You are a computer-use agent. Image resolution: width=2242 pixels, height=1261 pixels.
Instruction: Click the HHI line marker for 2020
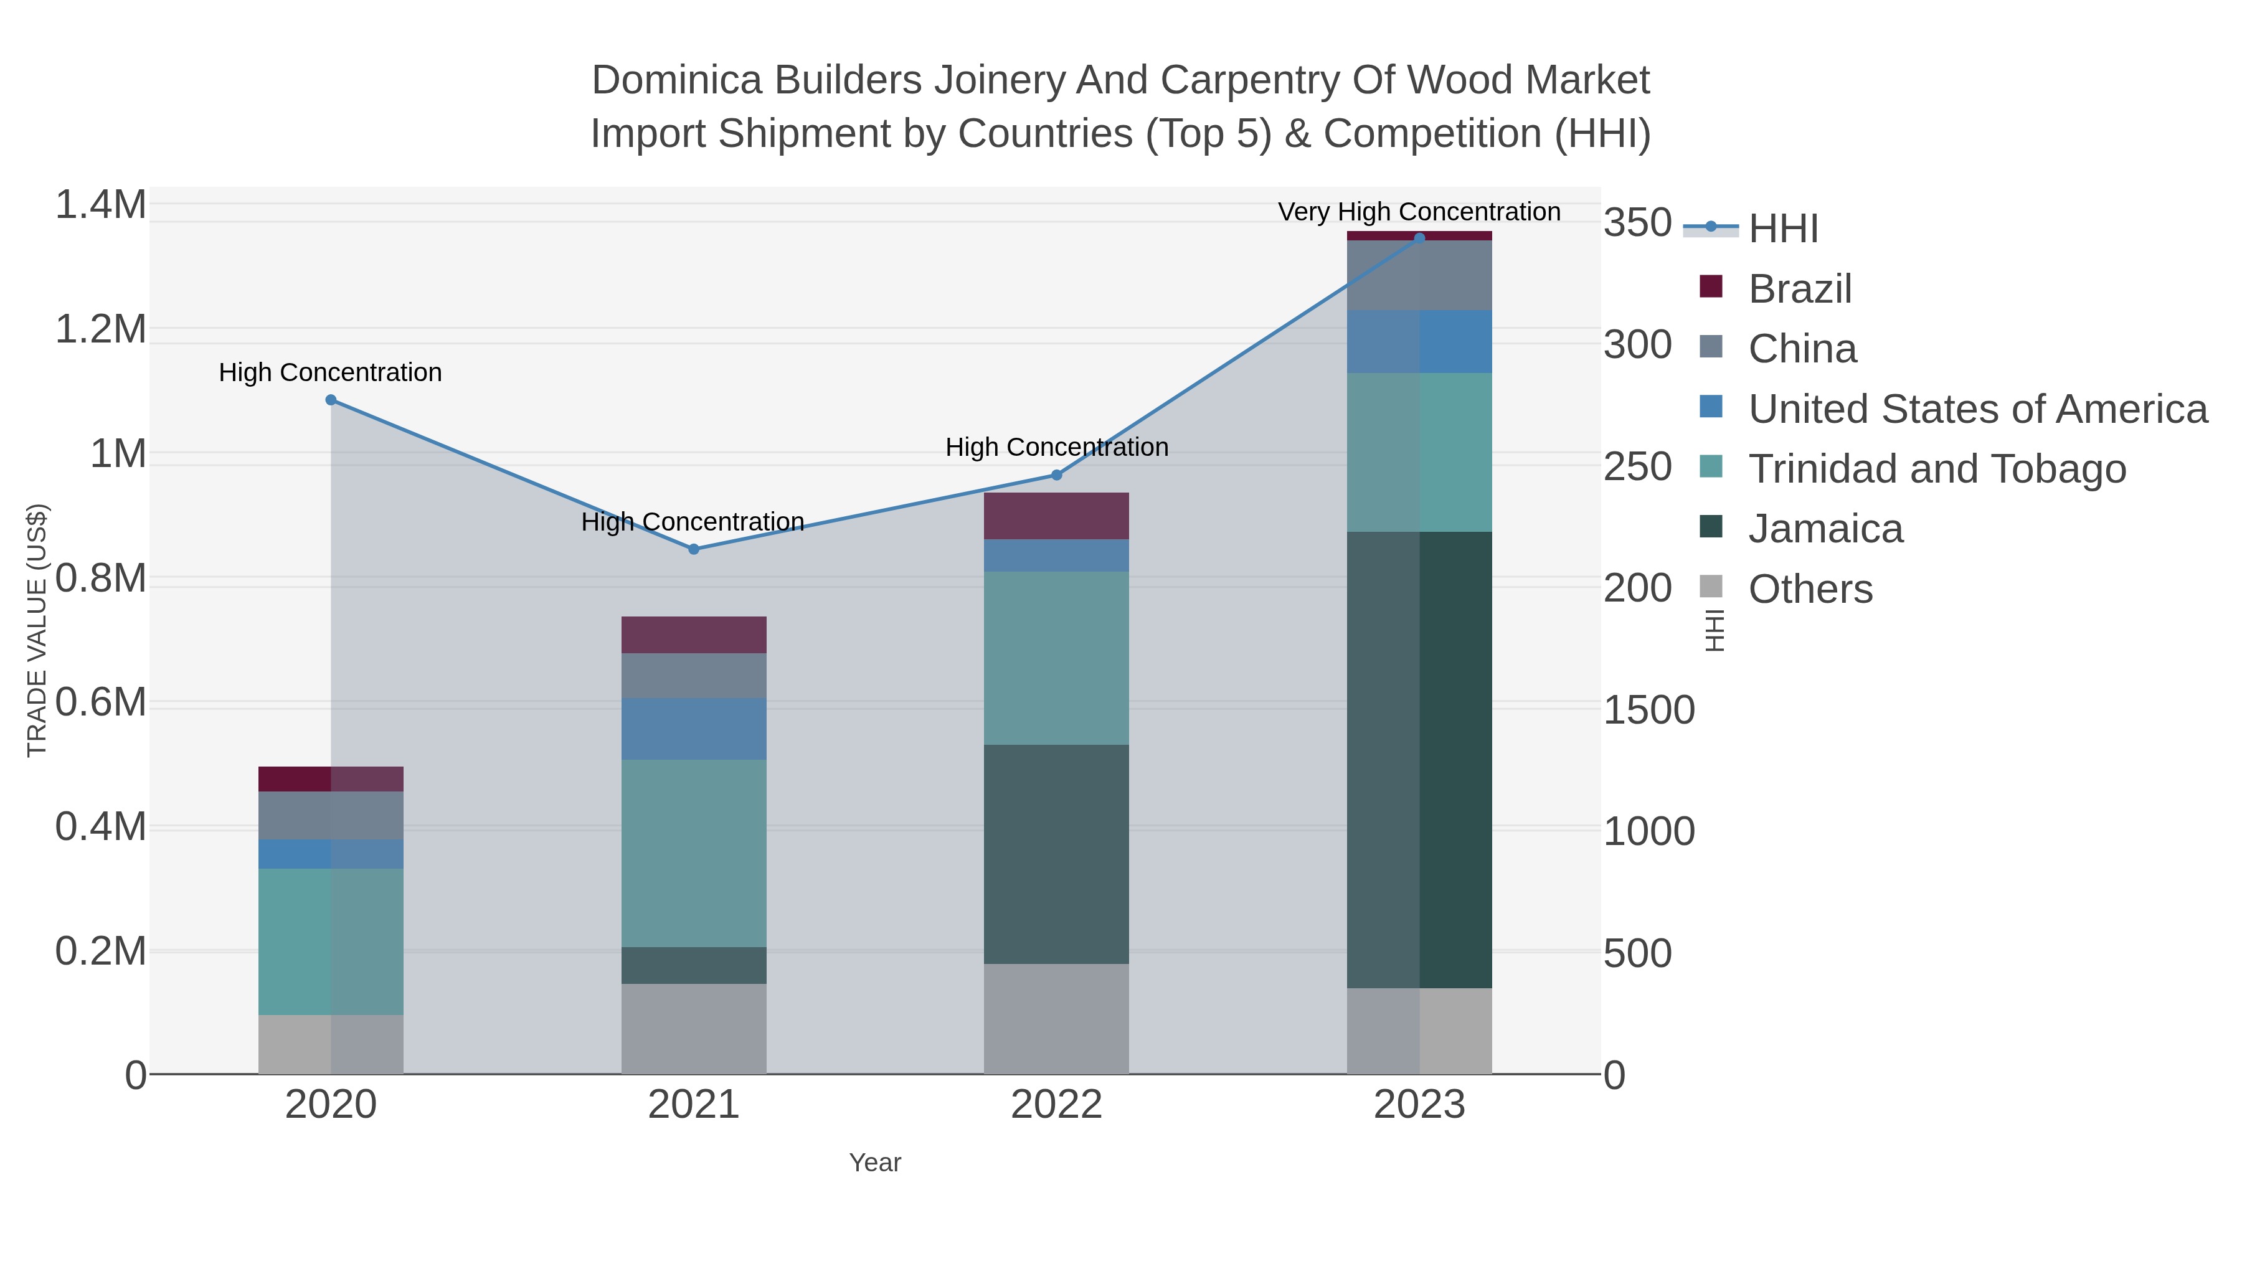tap(331, 400)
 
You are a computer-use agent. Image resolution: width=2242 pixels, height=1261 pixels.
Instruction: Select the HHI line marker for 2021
tap(694, 549)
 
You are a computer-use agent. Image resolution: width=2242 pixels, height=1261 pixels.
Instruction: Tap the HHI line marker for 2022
tap(1057, 475)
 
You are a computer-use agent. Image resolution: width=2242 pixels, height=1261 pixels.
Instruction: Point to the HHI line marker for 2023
tap(1419, 238)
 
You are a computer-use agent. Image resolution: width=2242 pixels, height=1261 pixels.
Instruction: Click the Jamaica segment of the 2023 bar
tap(1419, 759)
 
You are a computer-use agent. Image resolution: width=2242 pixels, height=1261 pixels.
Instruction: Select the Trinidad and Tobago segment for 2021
tap(694, 853)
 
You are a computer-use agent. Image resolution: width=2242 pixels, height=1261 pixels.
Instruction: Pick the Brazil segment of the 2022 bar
tap(1057, 516)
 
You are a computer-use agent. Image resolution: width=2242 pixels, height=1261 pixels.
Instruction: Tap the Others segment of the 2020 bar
tap(331, 1044)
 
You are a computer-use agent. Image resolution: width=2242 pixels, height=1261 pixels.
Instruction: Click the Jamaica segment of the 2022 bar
tap(1057, 854)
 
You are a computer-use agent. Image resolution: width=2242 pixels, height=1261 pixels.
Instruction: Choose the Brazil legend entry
tap(1800, 289)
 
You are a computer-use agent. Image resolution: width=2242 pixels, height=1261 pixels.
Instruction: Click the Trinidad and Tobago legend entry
tap(1937, 469)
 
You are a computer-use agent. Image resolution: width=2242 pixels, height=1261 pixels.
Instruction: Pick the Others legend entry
tap(1810, 589)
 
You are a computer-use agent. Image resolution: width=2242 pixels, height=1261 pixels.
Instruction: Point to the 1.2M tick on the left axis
tap(101, 330)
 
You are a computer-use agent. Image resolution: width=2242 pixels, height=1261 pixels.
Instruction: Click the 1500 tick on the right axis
tap(1648, 710)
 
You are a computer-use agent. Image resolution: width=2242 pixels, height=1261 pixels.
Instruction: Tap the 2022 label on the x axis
tap(1057, 1105)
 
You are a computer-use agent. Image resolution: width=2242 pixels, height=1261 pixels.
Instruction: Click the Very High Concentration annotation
tap(1419, 212)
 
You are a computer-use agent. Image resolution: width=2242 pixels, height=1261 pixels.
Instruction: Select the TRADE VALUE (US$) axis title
tap(37, 630)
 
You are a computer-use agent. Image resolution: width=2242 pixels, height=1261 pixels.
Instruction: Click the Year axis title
tap(875, 1163)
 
